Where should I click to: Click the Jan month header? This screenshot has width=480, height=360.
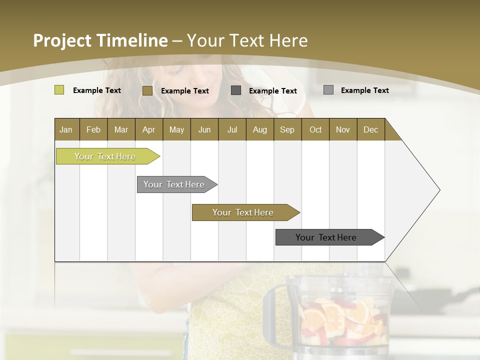click(66, 129)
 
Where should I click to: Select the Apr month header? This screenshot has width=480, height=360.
click(149, 129)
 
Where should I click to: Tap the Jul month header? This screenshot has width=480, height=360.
click(232, 129)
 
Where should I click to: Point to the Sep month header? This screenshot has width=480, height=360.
click(287, 129)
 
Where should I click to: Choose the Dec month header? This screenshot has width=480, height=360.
click(371, 129)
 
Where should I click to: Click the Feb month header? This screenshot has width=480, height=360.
click(93, 129)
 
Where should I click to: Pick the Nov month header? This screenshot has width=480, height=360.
click(343, 129)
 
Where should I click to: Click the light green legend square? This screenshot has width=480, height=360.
click(59, 90)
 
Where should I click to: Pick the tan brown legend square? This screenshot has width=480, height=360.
click(147, 90)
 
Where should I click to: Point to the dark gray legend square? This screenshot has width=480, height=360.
click(236, 90)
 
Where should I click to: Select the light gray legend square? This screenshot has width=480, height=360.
click(328, 90)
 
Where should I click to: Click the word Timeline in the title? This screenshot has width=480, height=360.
click(131, 40)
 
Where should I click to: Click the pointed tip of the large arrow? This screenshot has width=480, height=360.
click(438, 190)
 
